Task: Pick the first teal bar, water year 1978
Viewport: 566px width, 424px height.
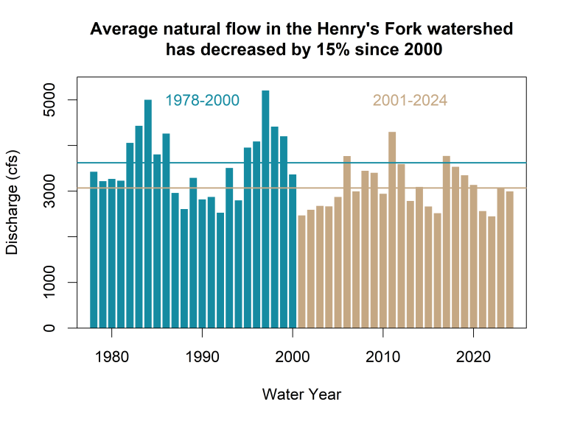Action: click(x=94, y=250)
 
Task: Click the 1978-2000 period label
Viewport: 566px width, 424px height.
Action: click(x=203, y=100)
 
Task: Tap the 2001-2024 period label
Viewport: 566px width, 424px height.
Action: click(x=410, y=100)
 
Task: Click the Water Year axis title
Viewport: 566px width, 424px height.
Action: click(x=301, y=395)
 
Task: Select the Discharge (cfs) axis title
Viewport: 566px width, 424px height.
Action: click(x=13, y=202)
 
